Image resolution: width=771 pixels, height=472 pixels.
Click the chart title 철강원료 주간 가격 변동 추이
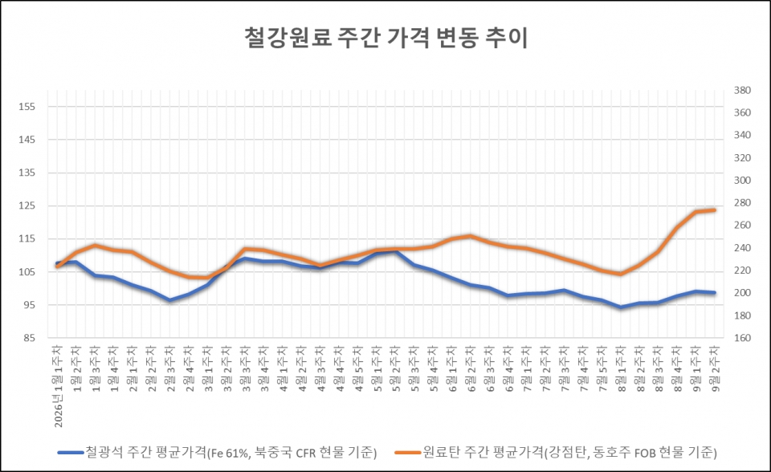(386, 39)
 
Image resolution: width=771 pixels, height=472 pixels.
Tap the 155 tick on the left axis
(27, 107)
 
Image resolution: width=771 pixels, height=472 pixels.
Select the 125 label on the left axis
(27, 206)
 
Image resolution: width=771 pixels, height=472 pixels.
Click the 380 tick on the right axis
(742, 91)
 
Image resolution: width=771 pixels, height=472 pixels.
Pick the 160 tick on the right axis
(742, 338)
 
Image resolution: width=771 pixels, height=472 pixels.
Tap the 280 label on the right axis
(742, 203)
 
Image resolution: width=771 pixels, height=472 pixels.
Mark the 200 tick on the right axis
(742, 293)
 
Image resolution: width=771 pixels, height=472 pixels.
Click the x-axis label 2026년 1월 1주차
(58, 386)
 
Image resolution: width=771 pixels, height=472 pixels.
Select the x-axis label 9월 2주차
(715, 368)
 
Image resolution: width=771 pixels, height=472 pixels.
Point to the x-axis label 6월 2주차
(471, 368)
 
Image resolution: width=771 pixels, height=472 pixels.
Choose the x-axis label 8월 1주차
(621, 368)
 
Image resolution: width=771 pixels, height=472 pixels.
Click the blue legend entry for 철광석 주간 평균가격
(218, 452)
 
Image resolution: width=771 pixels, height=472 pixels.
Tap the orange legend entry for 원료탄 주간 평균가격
(556, 452)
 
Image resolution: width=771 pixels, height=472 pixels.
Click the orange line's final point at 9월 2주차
(715, 210)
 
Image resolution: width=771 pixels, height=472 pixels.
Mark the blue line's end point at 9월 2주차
(715, 292)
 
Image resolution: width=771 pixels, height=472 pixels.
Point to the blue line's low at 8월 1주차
(621, 307)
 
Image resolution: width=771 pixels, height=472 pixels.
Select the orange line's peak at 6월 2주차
(471, 236)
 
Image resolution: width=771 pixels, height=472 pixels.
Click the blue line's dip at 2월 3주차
(170, 299)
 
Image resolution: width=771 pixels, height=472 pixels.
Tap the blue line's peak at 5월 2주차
(396, 252)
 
